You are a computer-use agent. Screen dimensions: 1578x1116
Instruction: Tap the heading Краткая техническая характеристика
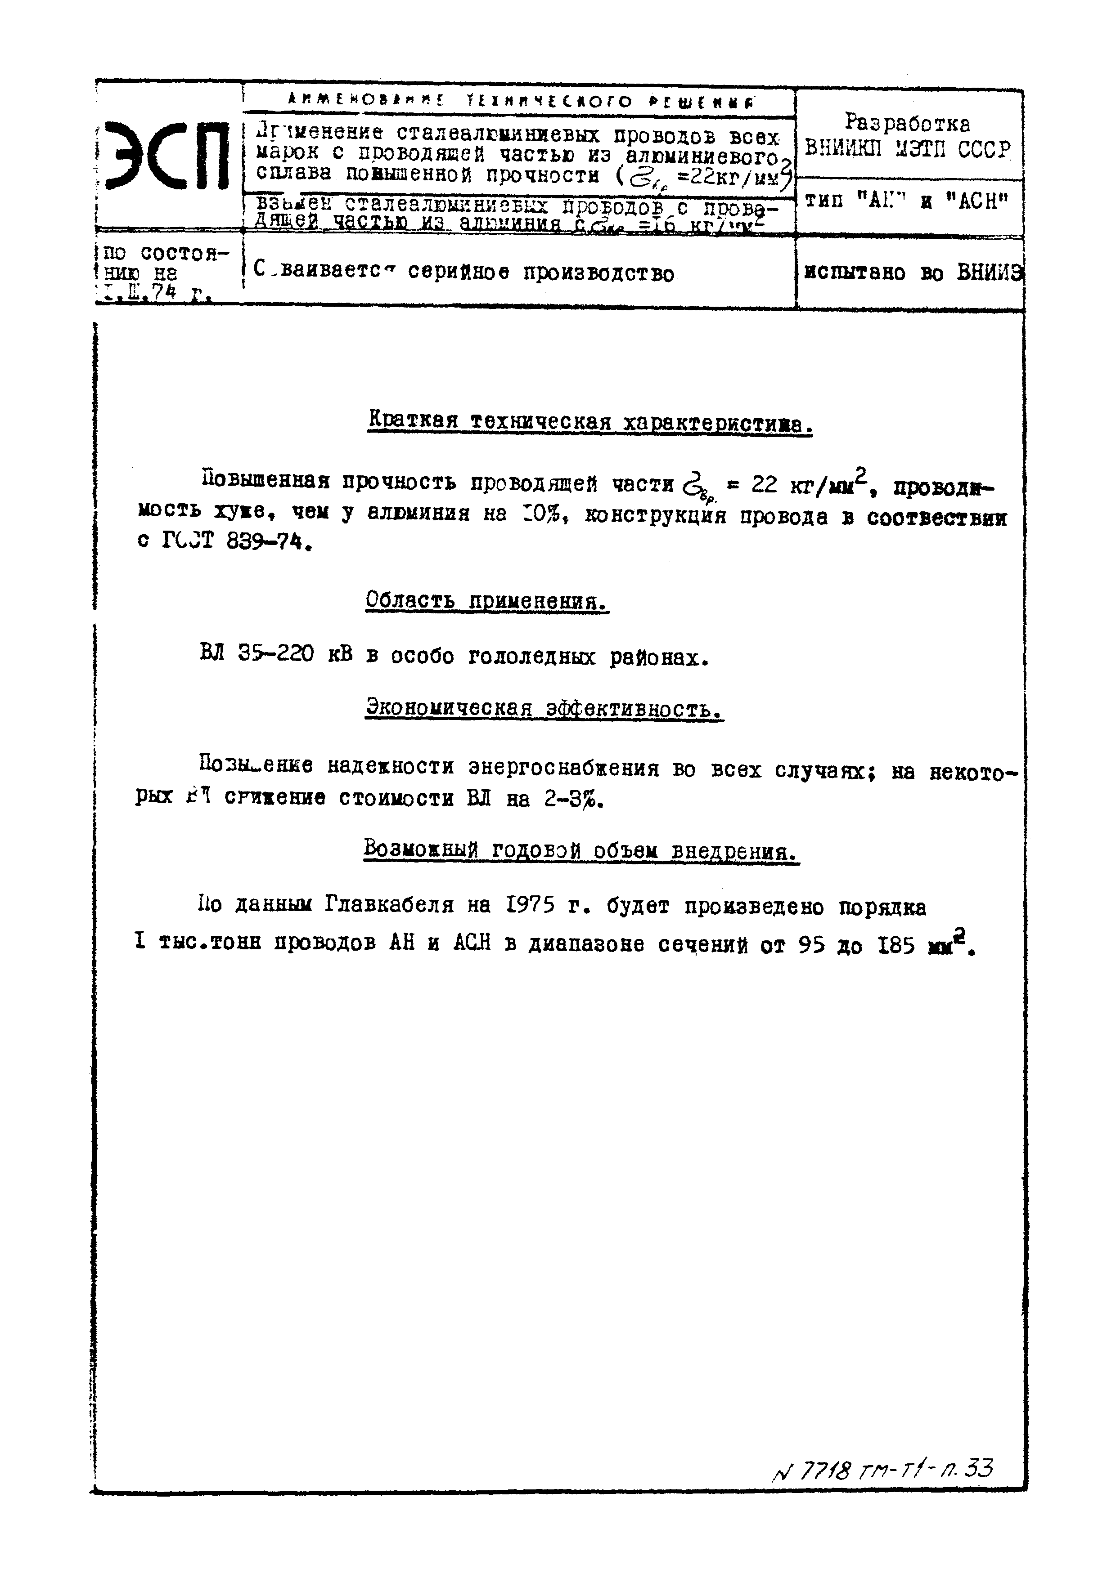[x=590, y=420]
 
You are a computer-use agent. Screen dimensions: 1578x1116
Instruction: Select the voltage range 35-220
[x=276, y=654]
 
